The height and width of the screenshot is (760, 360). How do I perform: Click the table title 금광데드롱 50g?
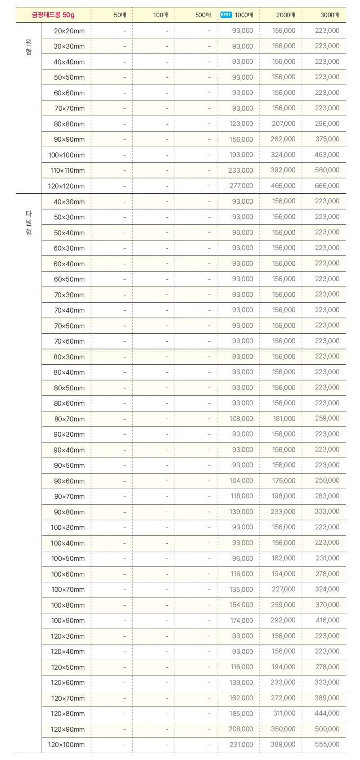coord(53,15)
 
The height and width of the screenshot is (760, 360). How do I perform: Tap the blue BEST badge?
coord(226,15)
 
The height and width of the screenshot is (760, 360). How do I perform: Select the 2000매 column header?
coord(286,15)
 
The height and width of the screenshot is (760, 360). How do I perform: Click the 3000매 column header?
coord(330,15)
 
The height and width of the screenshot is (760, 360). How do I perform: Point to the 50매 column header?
coord(120,15)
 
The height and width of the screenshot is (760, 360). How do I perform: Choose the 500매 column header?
coord(203,15)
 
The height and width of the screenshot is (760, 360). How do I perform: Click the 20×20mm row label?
coord(69,31)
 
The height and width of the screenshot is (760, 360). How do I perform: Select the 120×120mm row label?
coord(66,186)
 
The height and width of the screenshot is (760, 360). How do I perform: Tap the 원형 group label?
coord(29,47)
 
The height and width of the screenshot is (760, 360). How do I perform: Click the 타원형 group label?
coord(29,223)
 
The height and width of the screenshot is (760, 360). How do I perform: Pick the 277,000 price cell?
coord(241,186)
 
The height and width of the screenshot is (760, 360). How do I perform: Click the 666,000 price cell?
coord(327,186)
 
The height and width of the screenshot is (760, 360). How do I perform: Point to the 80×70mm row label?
coord(69,419)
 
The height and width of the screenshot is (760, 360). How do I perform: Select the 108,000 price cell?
coord(241,419)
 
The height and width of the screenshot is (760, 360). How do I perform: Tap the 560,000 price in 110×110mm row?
coord(327,170)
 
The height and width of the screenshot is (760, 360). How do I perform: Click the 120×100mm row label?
coord(66,745)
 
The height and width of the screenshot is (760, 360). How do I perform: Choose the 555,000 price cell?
coord(327,744)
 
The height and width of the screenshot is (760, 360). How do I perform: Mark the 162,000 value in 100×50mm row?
coord(283,558)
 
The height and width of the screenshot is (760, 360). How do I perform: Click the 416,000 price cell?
coord(328,620)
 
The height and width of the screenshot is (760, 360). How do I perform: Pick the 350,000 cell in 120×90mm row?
coord(283,729)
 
